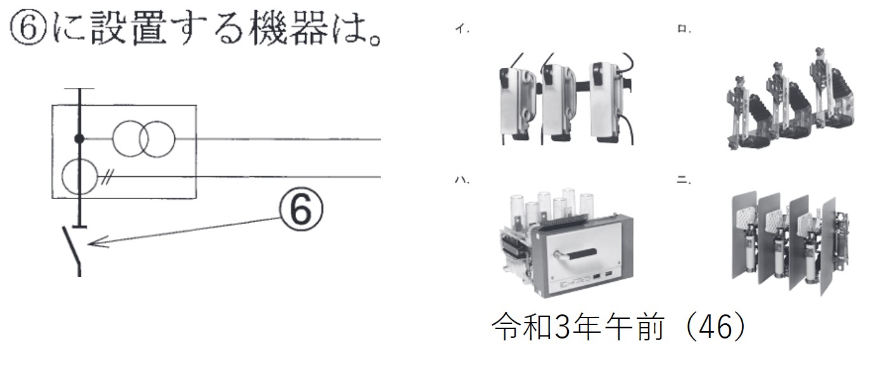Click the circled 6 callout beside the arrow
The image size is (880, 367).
point(301,209)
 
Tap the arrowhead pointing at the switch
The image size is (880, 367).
point(98,242)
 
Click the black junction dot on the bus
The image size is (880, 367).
point(79,139)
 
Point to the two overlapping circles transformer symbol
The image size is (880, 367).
point(143,139)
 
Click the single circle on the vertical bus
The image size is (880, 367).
point(80,177)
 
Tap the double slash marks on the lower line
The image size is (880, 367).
point(106,178)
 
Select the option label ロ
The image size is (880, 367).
point(684,29)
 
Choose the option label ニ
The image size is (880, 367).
point(683,181)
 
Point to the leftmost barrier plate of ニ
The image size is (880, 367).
point(745,235)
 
